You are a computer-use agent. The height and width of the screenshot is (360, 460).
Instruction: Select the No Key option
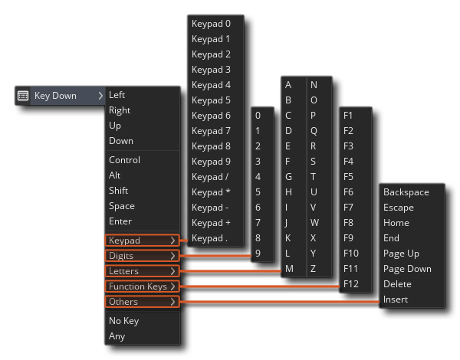click(123, 321)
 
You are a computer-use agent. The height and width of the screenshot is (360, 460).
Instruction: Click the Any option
click(117, 336)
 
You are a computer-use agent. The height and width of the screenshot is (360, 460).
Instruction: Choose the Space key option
click(122, 206)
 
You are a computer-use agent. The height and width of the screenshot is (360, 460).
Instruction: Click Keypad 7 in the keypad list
click(211, 131)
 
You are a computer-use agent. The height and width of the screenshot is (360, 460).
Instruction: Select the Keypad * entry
click(211, 192)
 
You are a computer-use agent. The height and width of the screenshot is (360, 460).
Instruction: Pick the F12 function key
click(352, 284)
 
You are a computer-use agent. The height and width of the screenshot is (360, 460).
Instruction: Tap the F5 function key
click(349, 177)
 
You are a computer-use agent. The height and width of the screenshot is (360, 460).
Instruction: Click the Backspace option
click(406, 192)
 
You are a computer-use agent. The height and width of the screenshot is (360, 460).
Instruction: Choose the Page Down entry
click(407, 269)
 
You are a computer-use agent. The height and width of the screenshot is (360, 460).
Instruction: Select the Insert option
click(396, 299)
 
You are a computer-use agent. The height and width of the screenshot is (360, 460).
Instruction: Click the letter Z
click(313, 269)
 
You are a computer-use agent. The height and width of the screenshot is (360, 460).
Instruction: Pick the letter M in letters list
click(289, 269)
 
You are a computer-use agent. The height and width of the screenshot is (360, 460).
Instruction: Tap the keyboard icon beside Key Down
click(23, 96)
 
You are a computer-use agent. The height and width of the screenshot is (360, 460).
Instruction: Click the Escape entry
click(398, 208)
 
